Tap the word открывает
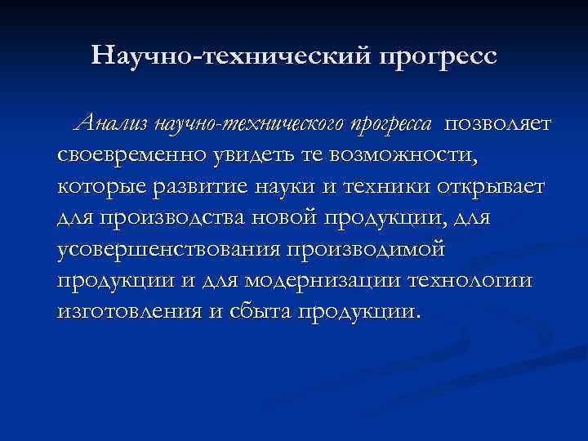click(497, 187)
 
